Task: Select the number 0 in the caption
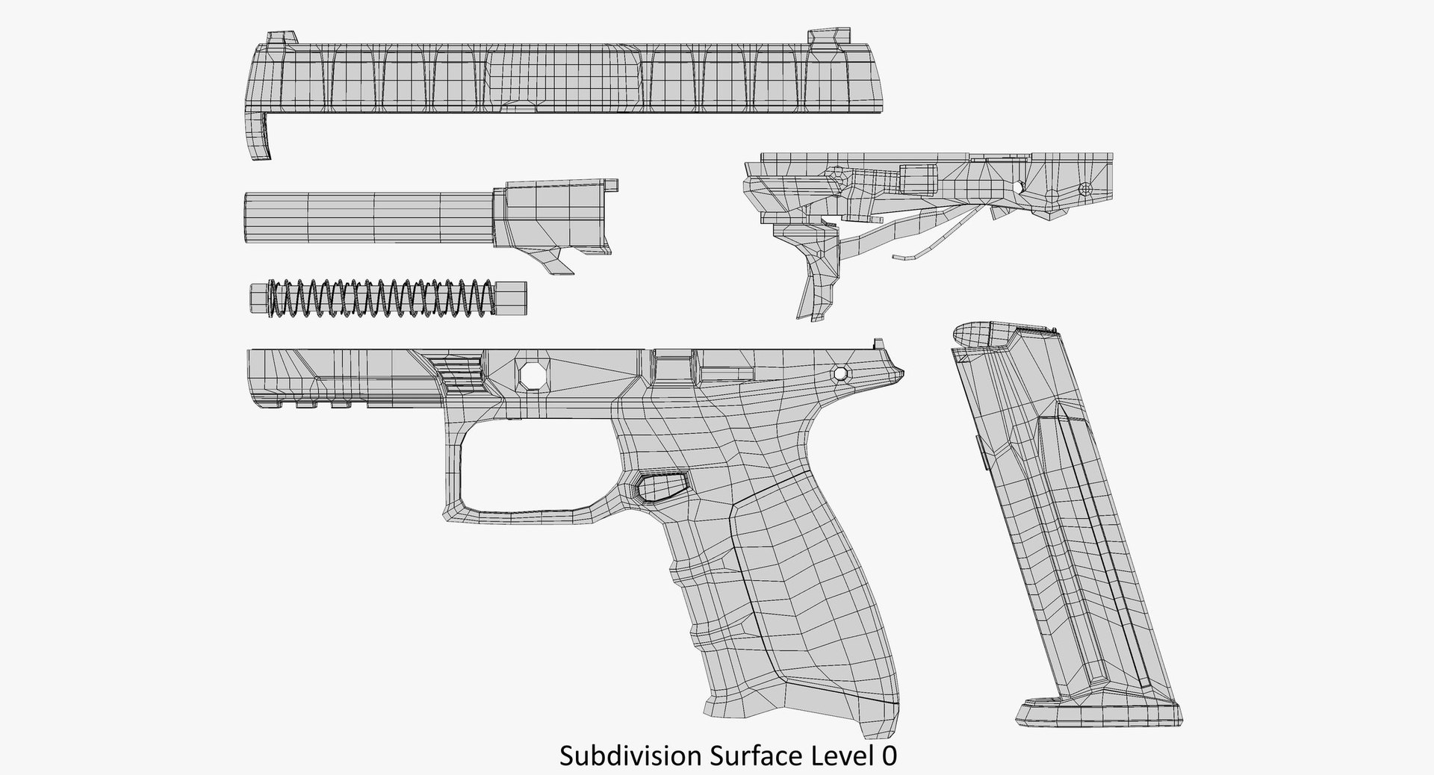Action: pyautogui.click(x=888, y=756)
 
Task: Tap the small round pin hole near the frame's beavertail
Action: pyautogui.click(x=842, y=373)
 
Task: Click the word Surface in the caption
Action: pyautogui.click(x=759, y=756)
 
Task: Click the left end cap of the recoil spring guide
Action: pyautogui.click(x=258, y=299)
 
